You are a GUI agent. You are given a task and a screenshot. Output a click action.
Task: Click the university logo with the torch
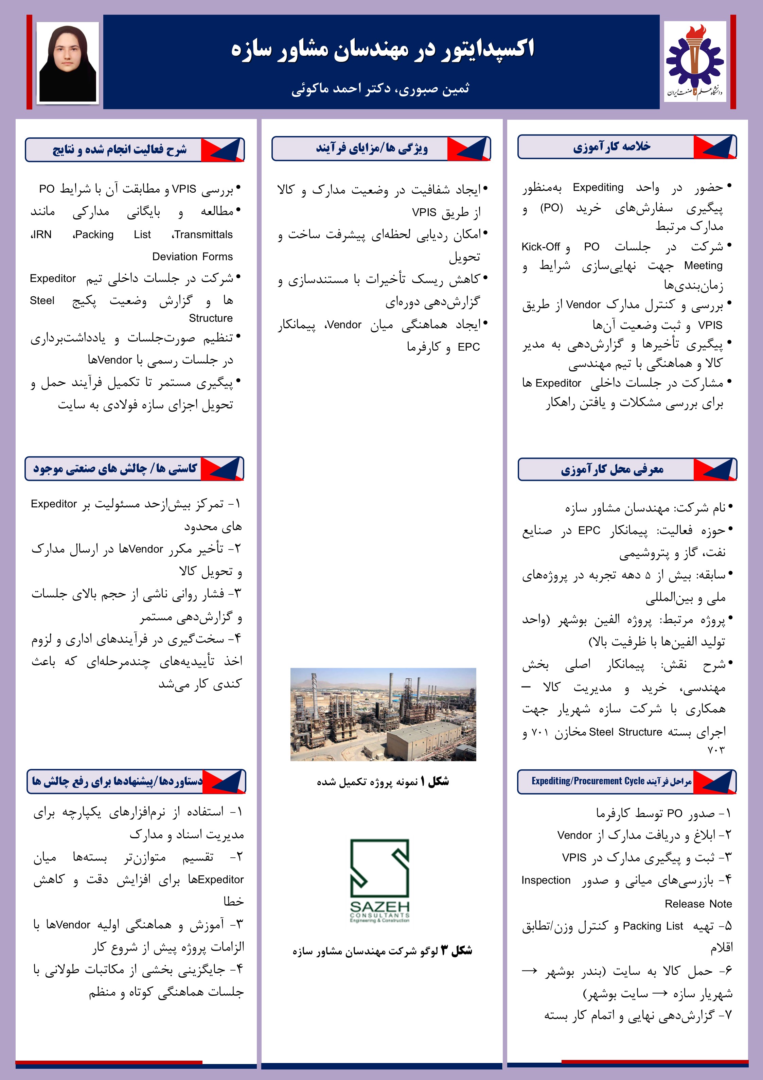695,62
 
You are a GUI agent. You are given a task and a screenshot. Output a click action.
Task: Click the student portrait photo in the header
68,63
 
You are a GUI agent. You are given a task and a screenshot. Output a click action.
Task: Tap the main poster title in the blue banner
382,49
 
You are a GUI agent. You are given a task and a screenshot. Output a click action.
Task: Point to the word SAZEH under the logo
379,906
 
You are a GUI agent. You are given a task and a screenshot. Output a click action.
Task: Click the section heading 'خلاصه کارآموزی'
611,147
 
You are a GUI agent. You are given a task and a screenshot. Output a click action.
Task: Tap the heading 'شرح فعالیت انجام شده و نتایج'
119,150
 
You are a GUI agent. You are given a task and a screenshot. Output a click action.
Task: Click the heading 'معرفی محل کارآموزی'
612,469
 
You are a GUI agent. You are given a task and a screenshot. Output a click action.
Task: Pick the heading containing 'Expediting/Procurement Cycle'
611,781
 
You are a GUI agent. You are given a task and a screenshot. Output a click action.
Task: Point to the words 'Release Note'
698,904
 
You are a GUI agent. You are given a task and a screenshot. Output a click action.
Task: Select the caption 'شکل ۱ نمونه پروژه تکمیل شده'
383,782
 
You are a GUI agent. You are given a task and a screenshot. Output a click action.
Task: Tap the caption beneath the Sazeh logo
382,951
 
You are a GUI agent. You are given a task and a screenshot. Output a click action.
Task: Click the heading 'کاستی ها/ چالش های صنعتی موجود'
115,469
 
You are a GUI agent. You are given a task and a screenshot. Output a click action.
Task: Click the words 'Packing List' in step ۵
653,926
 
